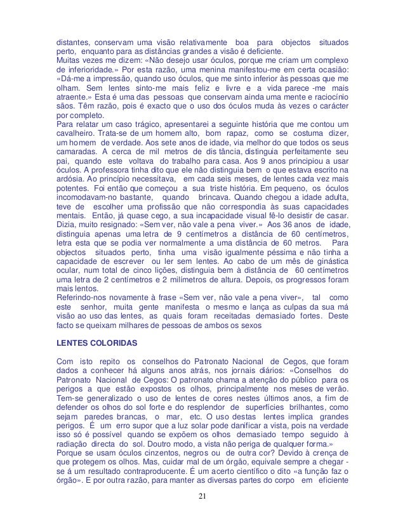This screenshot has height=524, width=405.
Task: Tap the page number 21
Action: pyautogui.click(x=202, y=513)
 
